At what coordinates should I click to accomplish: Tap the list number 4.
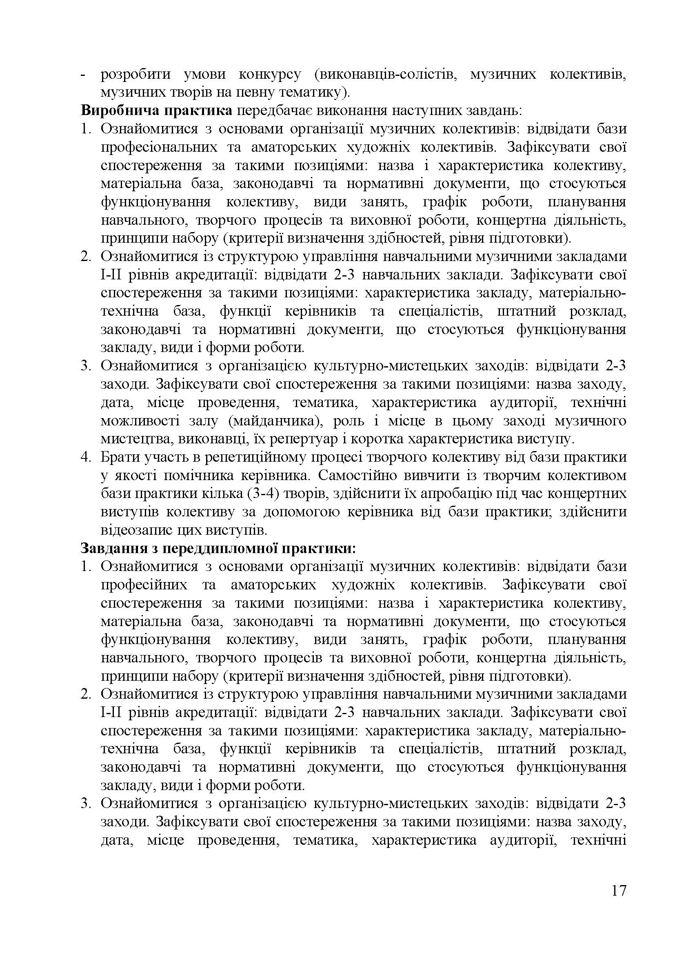click(85, 458)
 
